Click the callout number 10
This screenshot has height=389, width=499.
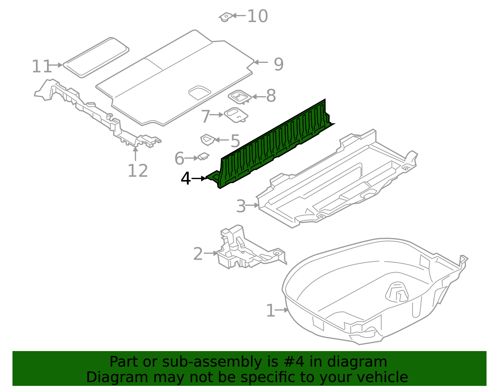(x=257, y=16)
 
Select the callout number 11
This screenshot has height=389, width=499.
(x=41, y=66)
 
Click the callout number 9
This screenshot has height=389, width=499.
(x=279, y=64)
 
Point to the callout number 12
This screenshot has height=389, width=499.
(x=138, y=171)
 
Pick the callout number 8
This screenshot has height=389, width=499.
(x=271, y=96)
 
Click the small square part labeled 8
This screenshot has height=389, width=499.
(x=240, y=97)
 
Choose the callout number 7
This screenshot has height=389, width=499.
(x=206, y=116)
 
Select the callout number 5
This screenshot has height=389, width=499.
(x=235, y=141)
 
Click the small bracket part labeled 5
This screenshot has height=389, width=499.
(x=207, y=139)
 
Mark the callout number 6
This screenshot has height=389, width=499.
(x=179, y=159)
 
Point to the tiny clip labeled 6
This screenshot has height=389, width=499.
(x=203, y=156)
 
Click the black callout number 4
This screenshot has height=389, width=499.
(x=186, y=179)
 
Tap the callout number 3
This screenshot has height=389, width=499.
(x=241, y=206)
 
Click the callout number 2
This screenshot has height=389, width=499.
(x=198, y=254)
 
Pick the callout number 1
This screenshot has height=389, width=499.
(x=270, y=311)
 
